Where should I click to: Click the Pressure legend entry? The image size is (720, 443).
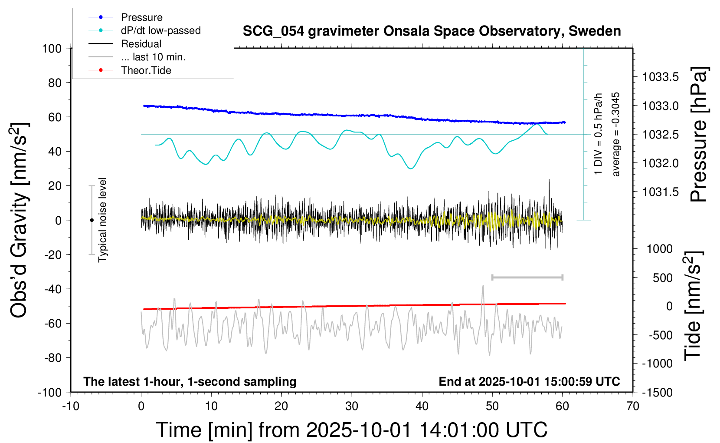click(x=141, y=17)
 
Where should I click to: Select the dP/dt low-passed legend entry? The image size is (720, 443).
click(x=160, y=30)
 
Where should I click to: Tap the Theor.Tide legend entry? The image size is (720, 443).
click(x=146, y=70)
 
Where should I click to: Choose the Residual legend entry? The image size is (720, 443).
click(x=141, y=44)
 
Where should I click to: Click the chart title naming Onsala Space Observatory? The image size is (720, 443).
click(x=432, y=31)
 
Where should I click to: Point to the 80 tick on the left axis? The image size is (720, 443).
click(x=55, y=83)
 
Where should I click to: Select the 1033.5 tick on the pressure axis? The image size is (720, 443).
click(x=660, y=77)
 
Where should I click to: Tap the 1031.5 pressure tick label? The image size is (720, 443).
click(x=660, y=192)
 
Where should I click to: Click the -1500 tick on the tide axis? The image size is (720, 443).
click(x=657, y=393)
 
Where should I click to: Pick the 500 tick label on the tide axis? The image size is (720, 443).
click(x=662, y=278)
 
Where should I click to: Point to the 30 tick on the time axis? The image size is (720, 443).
click(x=352, y=407)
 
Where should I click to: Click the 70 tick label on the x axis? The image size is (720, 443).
click(x=633, y=407)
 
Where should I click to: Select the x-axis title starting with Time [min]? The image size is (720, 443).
click(x=351, y=430)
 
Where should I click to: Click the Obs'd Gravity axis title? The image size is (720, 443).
click(x=19, y=220)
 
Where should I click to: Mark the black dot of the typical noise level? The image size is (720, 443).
click(x=92, y=220)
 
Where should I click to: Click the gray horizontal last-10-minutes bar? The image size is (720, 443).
click(x=527, y=277)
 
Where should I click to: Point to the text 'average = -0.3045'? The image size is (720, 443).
click(x=615, y=135)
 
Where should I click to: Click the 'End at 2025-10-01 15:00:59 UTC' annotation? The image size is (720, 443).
click(x=529, y=382)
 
